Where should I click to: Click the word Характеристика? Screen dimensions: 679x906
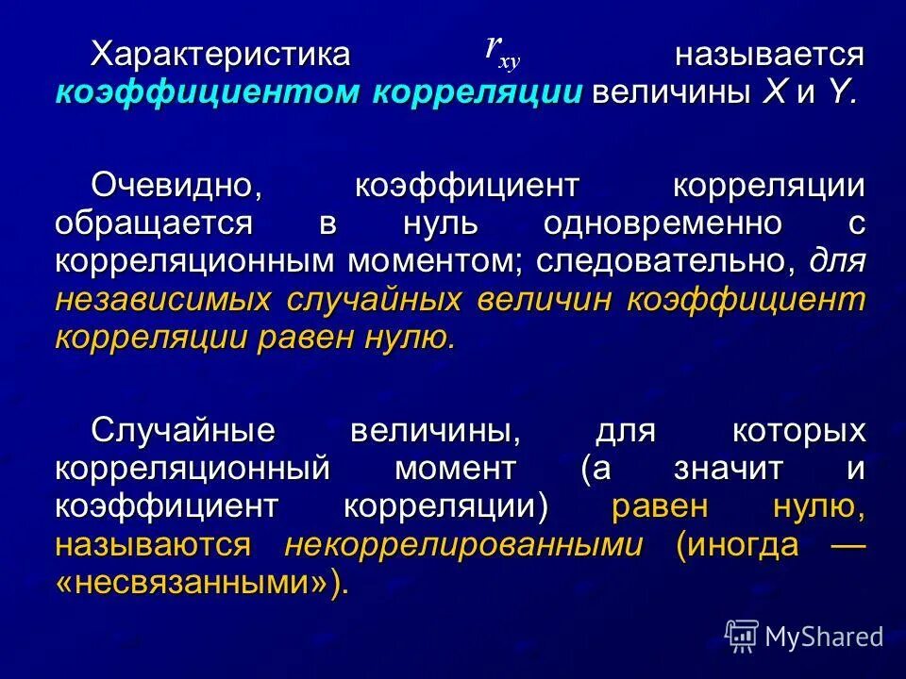(x=220, y=53)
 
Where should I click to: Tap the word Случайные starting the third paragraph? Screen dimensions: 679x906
(x=183, y=430)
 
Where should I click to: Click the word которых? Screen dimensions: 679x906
(x=798, y=430)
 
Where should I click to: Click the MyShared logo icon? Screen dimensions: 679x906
(x=742, y=636)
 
